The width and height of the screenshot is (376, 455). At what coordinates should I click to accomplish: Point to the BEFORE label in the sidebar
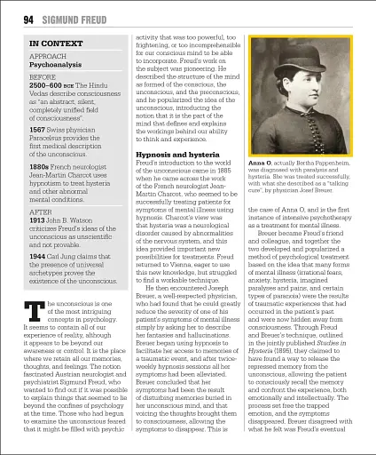click(43, 78)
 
